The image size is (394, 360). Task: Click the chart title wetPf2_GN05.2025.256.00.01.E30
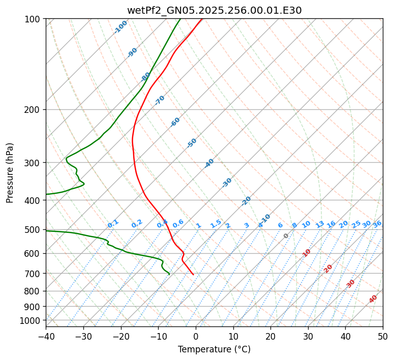pyautogui.click(x=214, y=11)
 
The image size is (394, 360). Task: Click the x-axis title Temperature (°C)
pyautogui.click(x=214, y=350)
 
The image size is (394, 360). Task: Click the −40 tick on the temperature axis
pyautogui.click(x=46, y=336)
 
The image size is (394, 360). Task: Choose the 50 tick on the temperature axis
pyautogui.click(x=383, y=336)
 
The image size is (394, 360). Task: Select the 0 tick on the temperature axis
pyautogui.click(x=196, y=336)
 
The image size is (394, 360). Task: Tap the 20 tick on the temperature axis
pyautogui.click(x=270, y=336)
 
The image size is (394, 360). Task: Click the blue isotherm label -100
pyautogui.click(x=120, y=27)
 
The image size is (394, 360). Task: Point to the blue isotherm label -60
pyautogui.click(x=175, y=122)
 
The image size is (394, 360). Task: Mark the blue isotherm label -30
pyautogui.click(x=227, y=183)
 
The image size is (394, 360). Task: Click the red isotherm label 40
pyautogui.click(x=373, y=299)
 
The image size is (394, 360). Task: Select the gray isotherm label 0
pyautogui.click(x=286, y=236)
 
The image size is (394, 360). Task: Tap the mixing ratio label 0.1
pyautogui.click(x=113, y=223)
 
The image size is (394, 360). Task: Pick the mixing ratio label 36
pyautogui.click(x=377, y=224)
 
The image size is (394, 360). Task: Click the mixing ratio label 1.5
pyautogui.click(x=216, y=223)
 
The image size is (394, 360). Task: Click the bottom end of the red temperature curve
pyautogui.click(x=193, y=275)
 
